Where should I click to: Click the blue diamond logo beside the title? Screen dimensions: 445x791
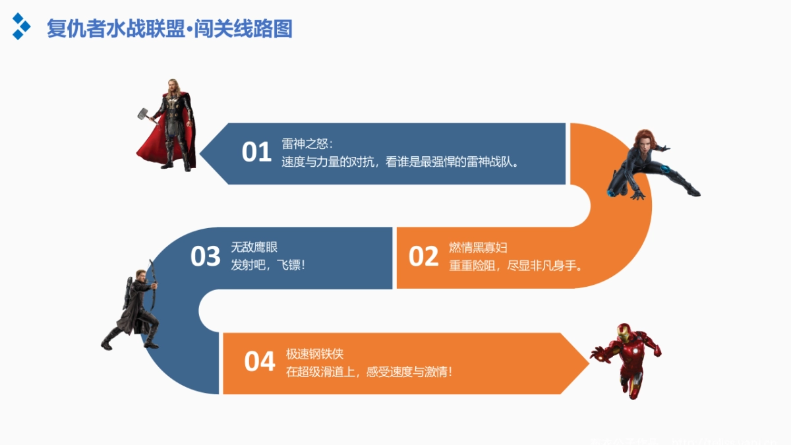[21, 26]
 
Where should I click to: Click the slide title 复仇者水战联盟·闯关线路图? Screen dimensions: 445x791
[169, 29]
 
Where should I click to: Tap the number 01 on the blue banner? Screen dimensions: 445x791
[256, 152]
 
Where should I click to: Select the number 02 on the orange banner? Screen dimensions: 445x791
[423, 256]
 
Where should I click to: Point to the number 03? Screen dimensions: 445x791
[205, 256]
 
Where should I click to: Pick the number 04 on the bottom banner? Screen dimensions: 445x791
[259, 361]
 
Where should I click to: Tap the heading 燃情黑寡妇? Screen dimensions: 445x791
[478, 248]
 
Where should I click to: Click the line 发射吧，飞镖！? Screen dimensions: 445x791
[268, 265]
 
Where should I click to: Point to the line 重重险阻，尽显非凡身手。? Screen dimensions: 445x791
[515, 266]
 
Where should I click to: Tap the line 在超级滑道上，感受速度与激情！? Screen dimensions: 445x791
[368, 372]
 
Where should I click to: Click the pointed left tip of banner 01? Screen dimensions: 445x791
[201, 154]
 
